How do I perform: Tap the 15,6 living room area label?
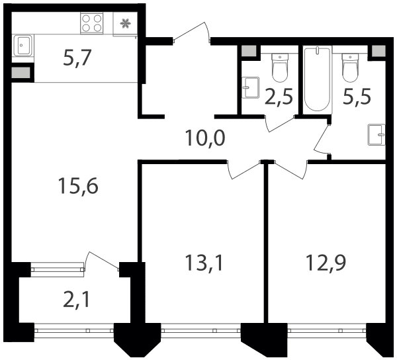[x=78, y=186]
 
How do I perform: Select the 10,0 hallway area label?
[x=205, y=138]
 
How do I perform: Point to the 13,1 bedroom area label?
[x=204, y=263]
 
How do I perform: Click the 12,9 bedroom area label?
[x=326, y=263]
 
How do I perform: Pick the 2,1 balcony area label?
[x=77, y=300]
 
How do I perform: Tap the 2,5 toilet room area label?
[x=279, y=96]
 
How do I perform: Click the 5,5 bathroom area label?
[x=357, y=96]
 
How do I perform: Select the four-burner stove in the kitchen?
[x=92, y=23]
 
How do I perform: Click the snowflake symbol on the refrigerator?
[x=125, y=24]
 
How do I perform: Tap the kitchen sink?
[x=23, y=45]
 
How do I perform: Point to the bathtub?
[x=318, y=79]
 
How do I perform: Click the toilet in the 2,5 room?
[x=280, y=67]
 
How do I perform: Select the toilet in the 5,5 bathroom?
[x=351, y=67]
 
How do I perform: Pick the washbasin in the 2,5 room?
[x=250, y=87]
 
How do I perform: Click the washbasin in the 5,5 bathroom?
[x=376, y=135]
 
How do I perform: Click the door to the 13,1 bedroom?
[x=244, y=169]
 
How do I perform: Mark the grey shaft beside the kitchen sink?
[x=21, y=73]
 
